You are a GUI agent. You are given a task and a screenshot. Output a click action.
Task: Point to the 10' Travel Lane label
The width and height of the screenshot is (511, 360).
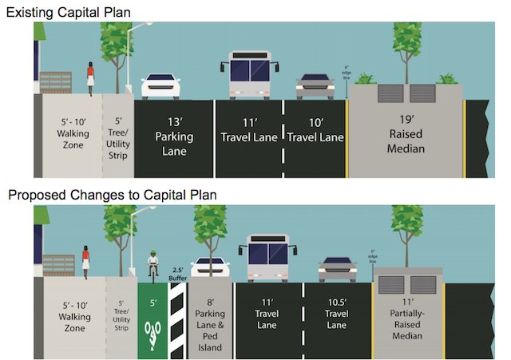[315, 132]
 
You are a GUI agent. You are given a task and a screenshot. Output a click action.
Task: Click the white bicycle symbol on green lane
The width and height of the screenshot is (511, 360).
[152, 330]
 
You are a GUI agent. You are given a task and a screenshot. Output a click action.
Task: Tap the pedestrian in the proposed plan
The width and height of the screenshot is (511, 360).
[85, 262]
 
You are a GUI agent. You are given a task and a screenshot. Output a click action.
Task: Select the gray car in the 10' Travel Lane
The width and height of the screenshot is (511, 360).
[315, 86]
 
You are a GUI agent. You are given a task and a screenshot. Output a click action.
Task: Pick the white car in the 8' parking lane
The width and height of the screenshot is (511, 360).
[210, 268]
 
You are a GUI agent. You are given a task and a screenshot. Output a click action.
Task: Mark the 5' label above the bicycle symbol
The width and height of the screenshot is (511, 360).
[151, 303]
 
